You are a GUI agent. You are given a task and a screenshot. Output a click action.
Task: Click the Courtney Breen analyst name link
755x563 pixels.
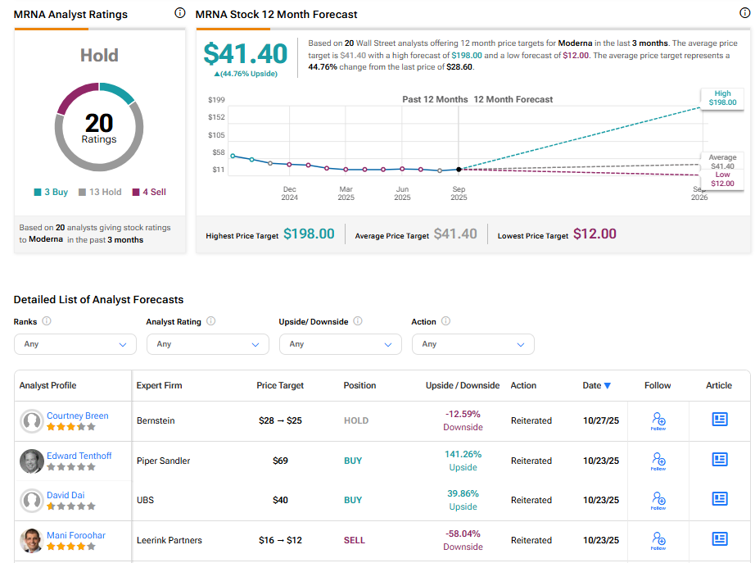[x=77, y=415]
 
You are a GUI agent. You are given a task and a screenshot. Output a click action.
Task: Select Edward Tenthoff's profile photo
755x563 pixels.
[x=32, y=461]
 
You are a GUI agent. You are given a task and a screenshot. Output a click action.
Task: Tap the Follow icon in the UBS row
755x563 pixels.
[x=658, y=498]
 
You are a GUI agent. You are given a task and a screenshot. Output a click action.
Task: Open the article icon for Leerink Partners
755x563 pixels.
[x=720, y=539]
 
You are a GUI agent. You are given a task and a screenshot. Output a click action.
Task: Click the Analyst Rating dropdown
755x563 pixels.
[x=208, y=344]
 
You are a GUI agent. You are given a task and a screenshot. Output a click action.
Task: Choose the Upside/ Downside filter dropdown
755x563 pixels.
[x=341, y=344]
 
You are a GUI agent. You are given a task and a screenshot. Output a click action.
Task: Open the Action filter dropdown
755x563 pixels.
[x=472, y=344]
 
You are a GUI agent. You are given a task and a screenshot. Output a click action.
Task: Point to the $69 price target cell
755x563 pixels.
[x=280, y=461]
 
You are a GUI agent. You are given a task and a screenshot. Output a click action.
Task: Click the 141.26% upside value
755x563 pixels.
[x=463, y=454]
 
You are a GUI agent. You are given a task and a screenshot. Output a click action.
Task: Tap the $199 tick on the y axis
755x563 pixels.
[x=216, y=100]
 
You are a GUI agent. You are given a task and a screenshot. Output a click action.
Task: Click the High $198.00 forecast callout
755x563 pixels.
[x=722, y=98]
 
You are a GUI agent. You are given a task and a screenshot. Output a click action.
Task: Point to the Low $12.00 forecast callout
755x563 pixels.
[x=722, y=179]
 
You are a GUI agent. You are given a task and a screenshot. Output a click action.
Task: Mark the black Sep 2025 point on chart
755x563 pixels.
[x=459, y=169]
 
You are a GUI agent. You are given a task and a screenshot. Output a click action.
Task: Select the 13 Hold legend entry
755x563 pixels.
[x=100, y=192]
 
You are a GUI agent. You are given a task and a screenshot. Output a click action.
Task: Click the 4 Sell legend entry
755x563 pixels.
[x=148, y=192]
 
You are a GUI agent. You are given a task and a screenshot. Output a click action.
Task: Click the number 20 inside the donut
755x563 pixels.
[x=99, y=123]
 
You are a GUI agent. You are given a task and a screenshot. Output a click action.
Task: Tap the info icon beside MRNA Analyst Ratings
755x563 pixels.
[x=180, y=13]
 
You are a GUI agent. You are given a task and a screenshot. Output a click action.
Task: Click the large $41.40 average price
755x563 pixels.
[x=246, y=54]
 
